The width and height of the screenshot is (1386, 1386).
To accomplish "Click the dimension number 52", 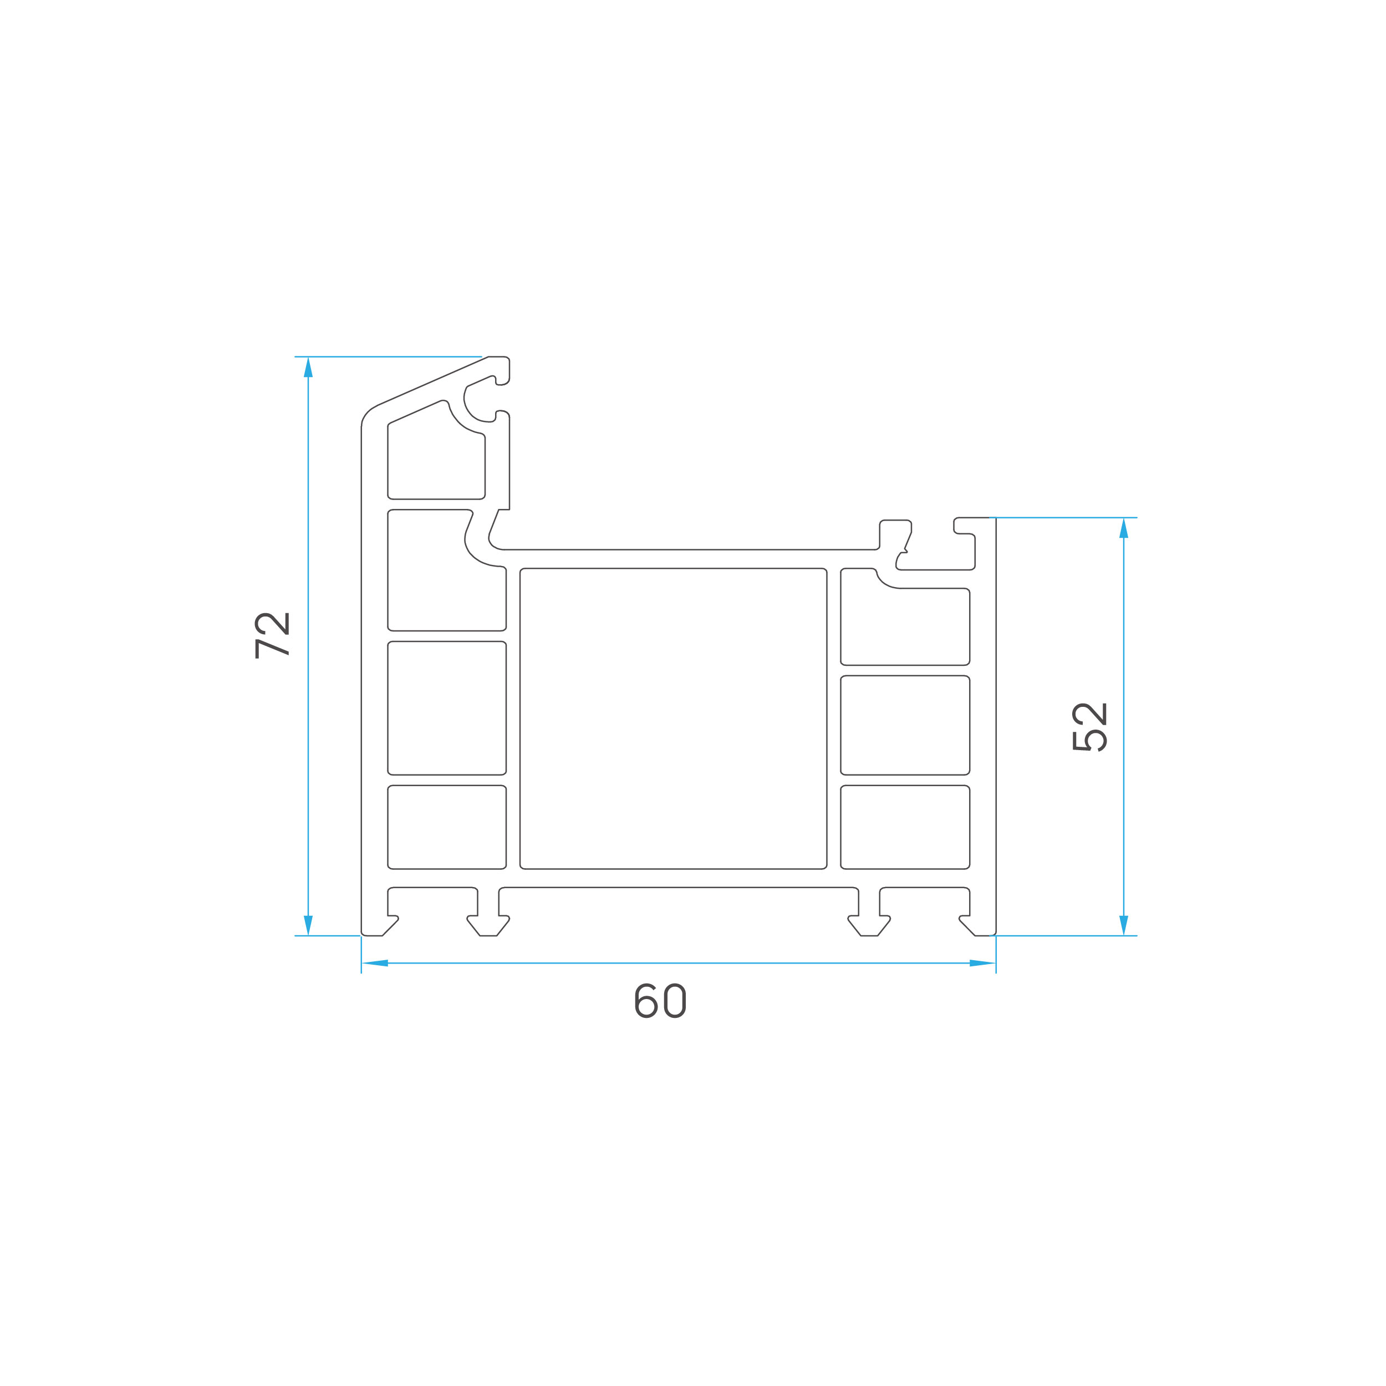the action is [x=1090, y=727].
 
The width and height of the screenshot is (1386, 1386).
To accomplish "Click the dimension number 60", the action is [x=661, y=1001].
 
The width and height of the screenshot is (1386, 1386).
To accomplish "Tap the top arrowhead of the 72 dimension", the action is [x=308, y=366].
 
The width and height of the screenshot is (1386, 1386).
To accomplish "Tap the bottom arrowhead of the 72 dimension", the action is [x=308, y=925].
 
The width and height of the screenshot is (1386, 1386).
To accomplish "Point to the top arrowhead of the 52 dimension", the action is [x=1123, y=528].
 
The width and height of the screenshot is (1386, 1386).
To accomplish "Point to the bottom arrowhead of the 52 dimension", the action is [x=1123, y=925].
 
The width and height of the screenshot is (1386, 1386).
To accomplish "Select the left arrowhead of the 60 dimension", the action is [x=374, y=964].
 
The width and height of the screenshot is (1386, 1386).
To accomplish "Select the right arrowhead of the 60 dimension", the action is [x=983, y=964].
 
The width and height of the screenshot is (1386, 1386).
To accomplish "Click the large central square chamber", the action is [x=674, y=719].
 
